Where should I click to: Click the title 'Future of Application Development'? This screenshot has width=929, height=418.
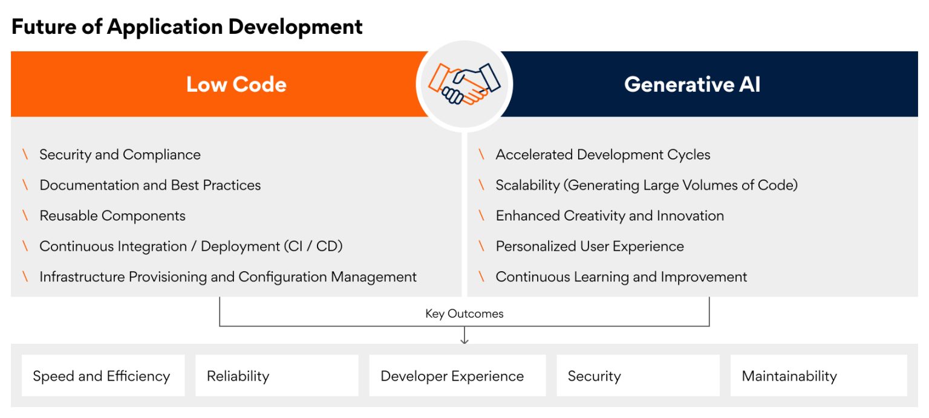187,27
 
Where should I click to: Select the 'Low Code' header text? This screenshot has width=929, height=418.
236,84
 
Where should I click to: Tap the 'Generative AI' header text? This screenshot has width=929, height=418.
692,84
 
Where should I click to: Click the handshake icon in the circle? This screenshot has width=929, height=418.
464,84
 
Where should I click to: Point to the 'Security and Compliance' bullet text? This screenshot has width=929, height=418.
120,155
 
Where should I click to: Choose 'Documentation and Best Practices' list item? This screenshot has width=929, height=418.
150,185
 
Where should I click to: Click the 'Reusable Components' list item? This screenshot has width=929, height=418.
112,216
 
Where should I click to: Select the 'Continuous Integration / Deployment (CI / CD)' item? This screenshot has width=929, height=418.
191,246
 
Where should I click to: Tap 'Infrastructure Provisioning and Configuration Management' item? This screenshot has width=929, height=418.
228,277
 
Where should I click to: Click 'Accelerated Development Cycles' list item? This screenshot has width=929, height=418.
602,155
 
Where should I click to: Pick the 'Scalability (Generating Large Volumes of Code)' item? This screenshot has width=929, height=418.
647,185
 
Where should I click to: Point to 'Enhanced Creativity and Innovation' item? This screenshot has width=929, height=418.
610,216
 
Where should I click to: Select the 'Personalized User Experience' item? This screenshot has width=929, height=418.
590,246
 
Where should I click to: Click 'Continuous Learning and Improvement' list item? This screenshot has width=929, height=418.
621,277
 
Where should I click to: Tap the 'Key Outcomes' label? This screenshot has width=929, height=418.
464,313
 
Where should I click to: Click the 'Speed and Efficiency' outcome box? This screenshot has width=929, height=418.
102,376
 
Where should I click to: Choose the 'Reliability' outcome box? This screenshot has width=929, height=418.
276,376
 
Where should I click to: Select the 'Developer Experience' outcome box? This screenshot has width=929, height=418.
457,376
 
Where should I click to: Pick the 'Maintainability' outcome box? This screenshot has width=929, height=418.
818,376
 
